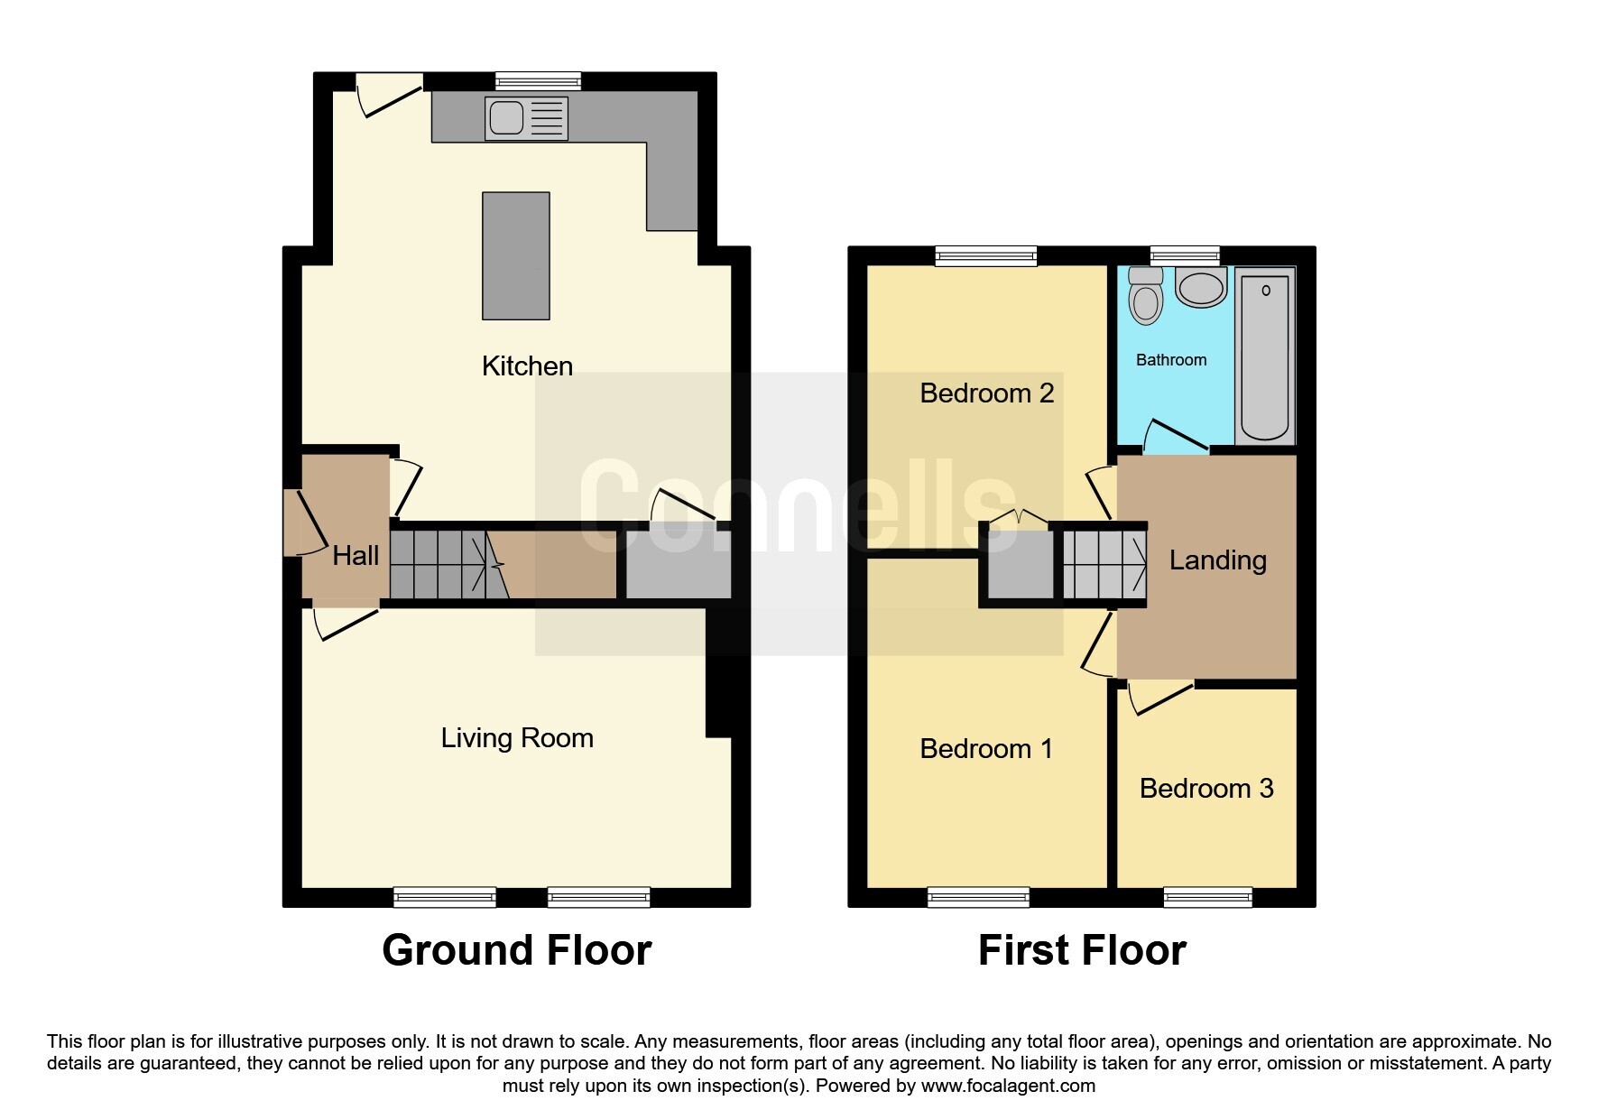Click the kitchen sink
(x=526, y=118)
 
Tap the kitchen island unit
(x=515, y=255)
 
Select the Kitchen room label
(x=527, y=366)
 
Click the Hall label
(x=355, y=556)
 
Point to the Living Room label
(x=516, y=738)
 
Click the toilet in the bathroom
(x=1146, y=296)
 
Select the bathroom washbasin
(x=1201, y=289)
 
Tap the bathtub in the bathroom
(x=1264, y=357)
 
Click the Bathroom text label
(x=1170, y=360)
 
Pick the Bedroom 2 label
(x=986, y=393)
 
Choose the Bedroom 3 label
(x=1205, y=789)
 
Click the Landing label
(x=1217, y=560)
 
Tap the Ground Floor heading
(x=516, y=950)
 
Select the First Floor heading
(x=1081, y=950)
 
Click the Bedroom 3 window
(x=1207, y=896)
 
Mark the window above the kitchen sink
(x=538, y=82)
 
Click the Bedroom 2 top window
(x=986, y=256)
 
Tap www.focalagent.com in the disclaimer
(x=1008, y=1086)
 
